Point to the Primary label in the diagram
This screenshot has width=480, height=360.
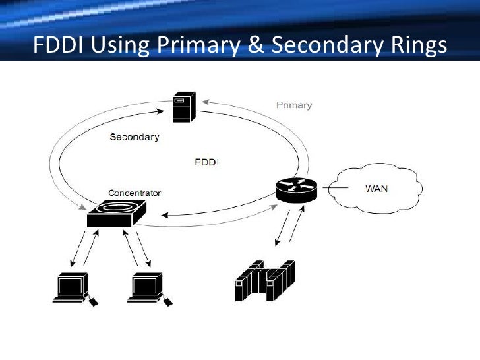point(293,105)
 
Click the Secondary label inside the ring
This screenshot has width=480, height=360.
point(134,138)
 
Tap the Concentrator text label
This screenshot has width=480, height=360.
point(134,193)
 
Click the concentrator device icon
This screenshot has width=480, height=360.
point(117,214)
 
